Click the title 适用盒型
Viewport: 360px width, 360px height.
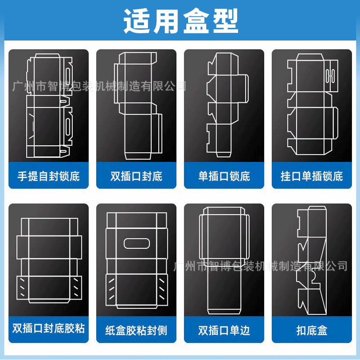click(x=180, y=20)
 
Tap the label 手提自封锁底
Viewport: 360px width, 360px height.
click(x=49, y=176)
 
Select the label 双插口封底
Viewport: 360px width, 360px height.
click(x=136, y=176)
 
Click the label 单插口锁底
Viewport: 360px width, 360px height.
click(x=224, y=176)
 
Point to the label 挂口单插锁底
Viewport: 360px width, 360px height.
click(x=312, y=176)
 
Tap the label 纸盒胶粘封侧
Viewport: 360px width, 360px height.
click(x=136, y=330)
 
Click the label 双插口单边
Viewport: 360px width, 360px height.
click(x=224, y=330)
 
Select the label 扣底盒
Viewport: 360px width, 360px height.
click(x=312, y=330)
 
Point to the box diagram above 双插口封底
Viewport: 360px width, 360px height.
click(x=136, y=104)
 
